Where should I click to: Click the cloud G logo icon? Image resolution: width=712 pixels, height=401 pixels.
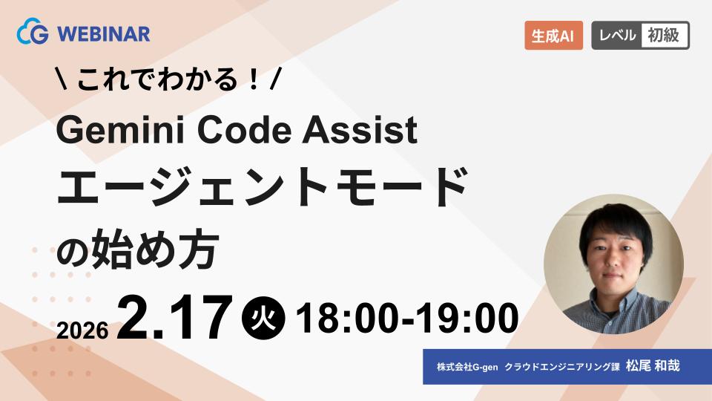pos(32,33)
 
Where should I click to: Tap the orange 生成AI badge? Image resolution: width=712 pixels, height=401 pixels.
pos(553,36)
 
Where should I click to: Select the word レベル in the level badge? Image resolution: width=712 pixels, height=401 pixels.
pos(616,36)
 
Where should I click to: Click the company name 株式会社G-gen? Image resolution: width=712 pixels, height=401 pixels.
pos(465,367)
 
